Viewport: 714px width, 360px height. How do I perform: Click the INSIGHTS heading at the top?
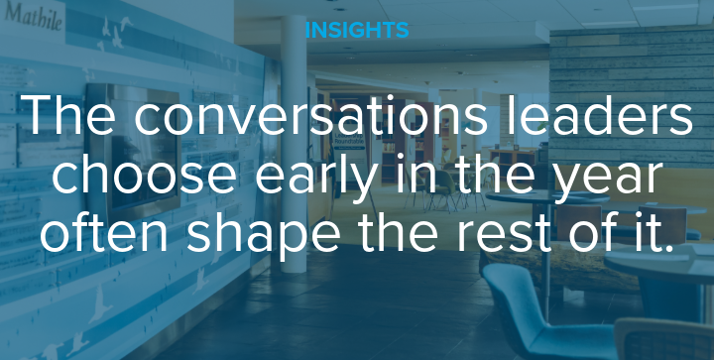coord(356,29)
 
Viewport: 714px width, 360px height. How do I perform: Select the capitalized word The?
coord(69,117)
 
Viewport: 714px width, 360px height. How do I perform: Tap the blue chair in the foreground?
coord(535,317)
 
